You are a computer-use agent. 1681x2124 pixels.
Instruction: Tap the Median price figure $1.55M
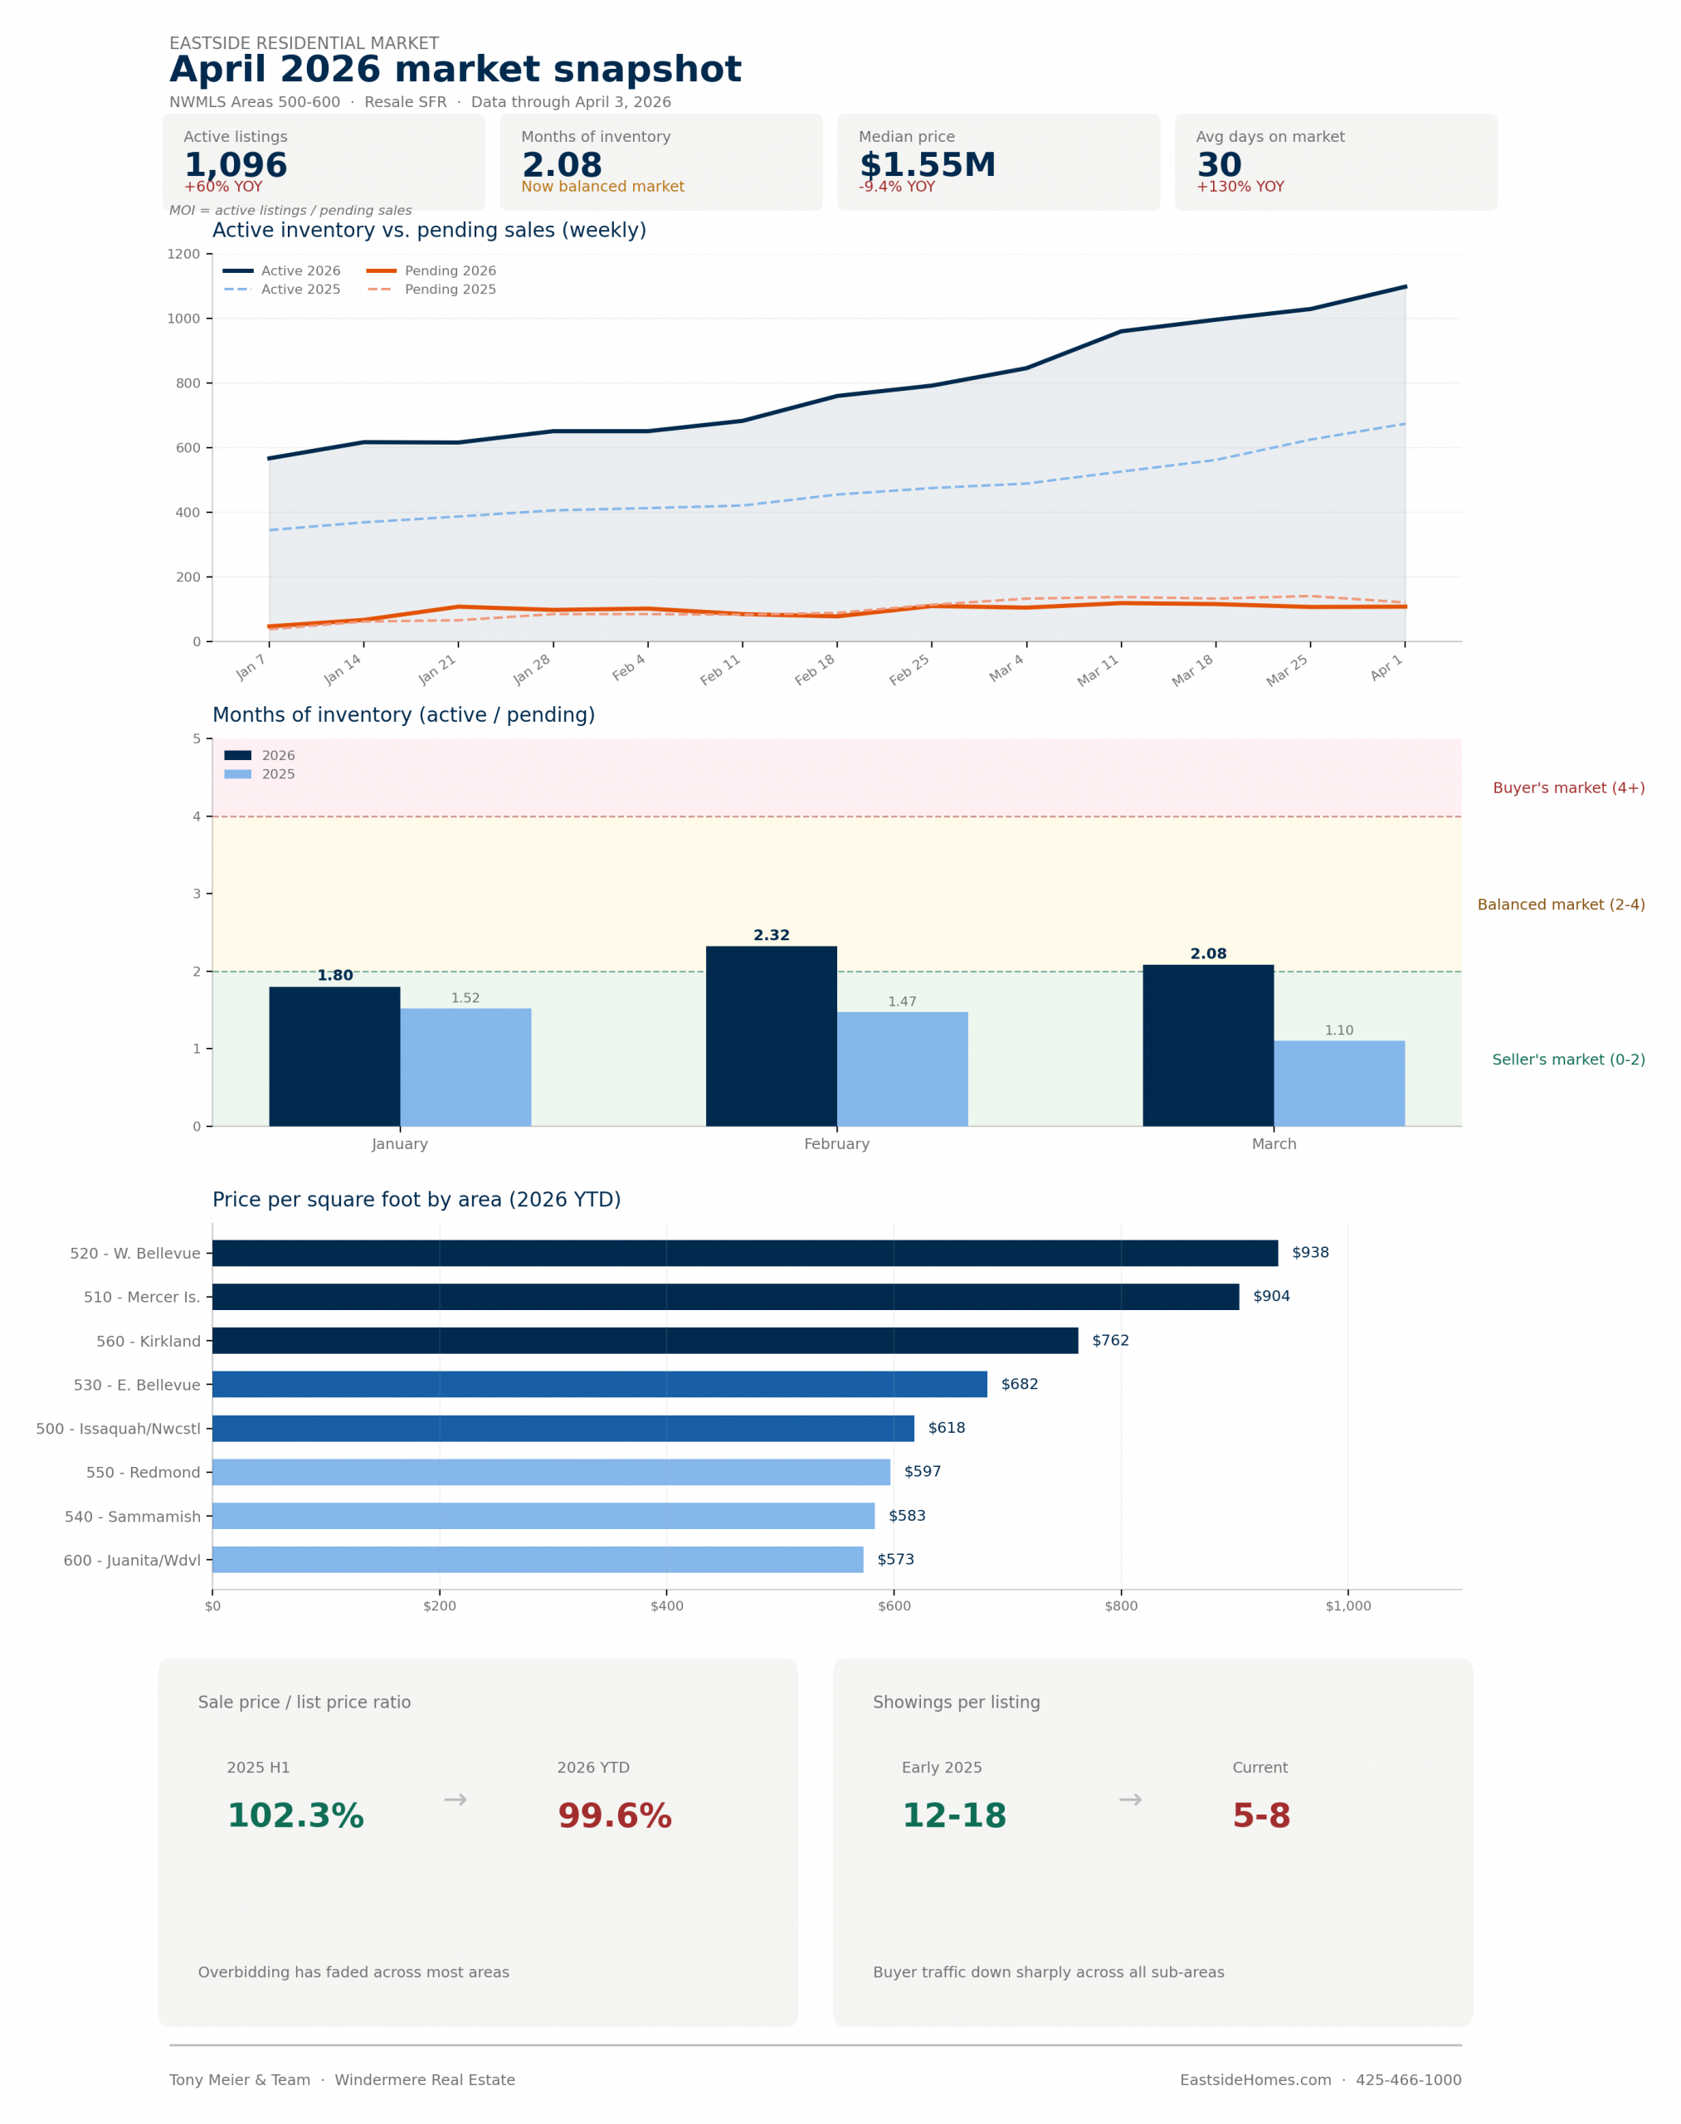point(927,164)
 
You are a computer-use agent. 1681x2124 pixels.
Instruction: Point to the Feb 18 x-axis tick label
point(816,670)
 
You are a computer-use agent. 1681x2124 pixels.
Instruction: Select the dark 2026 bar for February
point(771,1035)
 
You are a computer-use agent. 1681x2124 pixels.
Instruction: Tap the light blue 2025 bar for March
point(1338,1083)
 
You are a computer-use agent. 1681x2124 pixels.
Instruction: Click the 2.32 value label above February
point(771,935)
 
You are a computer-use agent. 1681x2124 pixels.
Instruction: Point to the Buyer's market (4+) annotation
point(1568,788)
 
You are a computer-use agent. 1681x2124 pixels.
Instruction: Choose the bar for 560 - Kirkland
point(645,1341)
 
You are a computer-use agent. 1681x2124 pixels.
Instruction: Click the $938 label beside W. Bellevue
point(1310,1253)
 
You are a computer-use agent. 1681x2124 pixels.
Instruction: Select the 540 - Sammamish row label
point(132,1517)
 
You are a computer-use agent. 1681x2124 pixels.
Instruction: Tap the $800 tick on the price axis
point(1121,1606)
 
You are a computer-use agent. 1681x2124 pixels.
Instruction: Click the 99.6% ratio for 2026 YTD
point(614,1816)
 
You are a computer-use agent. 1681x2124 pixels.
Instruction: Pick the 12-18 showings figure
point(953,1816)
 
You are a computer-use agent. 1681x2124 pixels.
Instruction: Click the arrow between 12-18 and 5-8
point(1130,1800)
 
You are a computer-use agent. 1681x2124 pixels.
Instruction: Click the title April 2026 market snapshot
point(455,70)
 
